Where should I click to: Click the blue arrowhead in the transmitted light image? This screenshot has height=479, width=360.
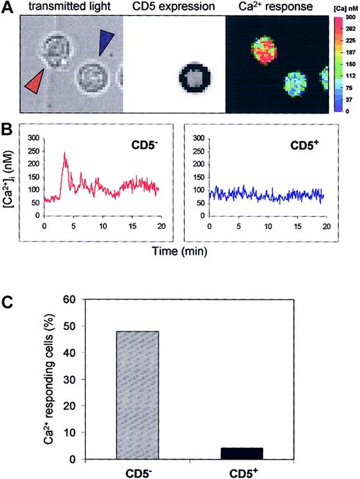105,43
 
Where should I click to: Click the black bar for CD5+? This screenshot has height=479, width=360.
242,453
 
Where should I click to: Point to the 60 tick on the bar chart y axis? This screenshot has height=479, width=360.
68,299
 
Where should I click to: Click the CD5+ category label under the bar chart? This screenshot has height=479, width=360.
242,471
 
